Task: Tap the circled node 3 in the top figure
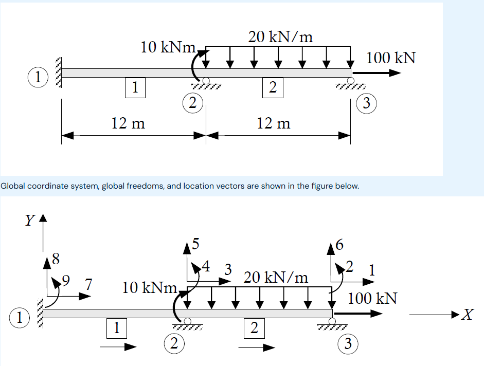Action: pyautogui.click(x=366, y=103)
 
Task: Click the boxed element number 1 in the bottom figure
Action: pyautogui.click(x=117, y=327)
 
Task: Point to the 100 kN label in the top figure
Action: pyautogui.click(x=391, y=58)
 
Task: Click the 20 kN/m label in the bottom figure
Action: pyautogui.click(x=276, y=278)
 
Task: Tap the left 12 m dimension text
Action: pyautogui.click(x=128, y=123)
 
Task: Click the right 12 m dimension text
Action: pyautogui.click(x=273, y=123)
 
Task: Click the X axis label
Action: pyautogui.click(x=466, y=314)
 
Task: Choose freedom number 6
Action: pyautogui.click(x=337, y=245)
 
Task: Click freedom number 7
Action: pyautogui.click(x=88, y=284)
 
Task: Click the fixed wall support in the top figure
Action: pyautogui.click(x=58, y=72)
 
